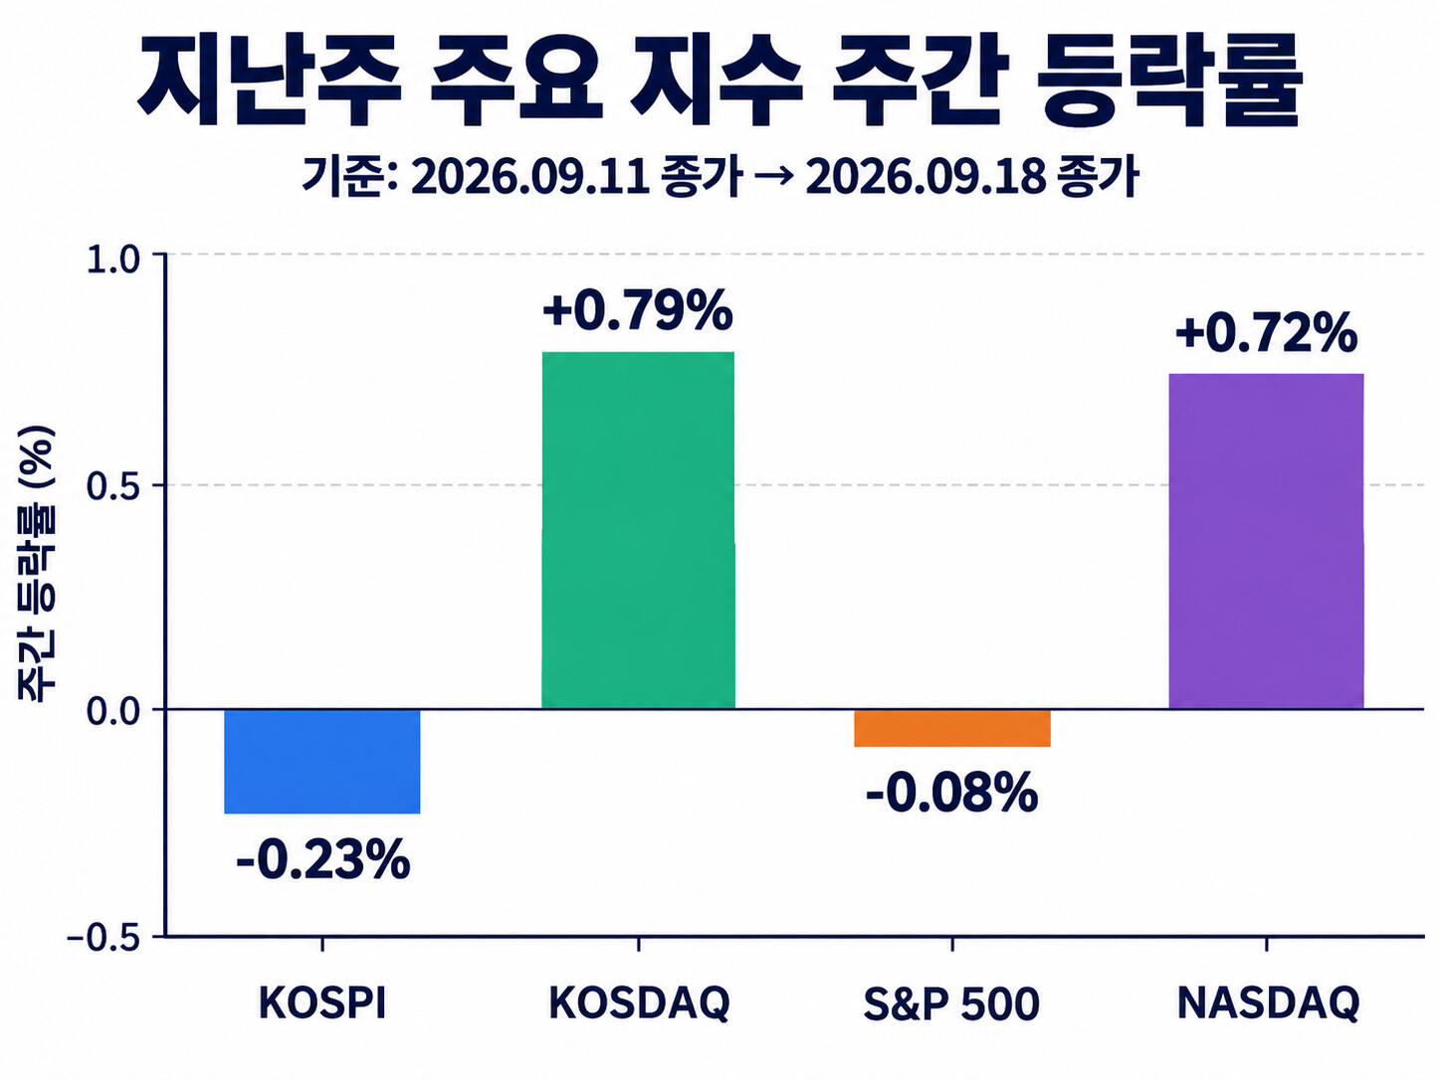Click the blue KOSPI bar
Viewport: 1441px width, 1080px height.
(321, 762)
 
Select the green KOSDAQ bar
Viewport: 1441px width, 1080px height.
(638, 530)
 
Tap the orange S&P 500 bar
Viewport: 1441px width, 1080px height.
(952, 728)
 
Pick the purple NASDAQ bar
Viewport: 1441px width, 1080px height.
(1267, 542)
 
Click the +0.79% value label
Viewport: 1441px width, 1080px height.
(638, 309)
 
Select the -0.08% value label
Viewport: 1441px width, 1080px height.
(952, 793)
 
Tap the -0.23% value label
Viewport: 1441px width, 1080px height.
(323, 859)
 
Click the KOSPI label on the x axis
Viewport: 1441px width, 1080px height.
(322, 1002)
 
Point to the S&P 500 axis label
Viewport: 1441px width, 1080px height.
(951, 1003)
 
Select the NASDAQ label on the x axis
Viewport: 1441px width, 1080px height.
(1268, 1003)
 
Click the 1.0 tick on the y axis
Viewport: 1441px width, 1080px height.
(113, 262)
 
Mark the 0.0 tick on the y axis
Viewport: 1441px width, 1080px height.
(113, 711)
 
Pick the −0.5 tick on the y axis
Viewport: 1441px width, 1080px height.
(104, 939)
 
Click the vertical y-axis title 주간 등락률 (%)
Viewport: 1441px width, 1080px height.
(37, 563)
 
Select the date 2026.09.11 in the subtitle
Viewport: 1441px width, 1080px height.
(530, 176)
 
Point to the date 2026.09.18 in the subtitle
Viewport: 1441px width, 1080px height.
(926, 176)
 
